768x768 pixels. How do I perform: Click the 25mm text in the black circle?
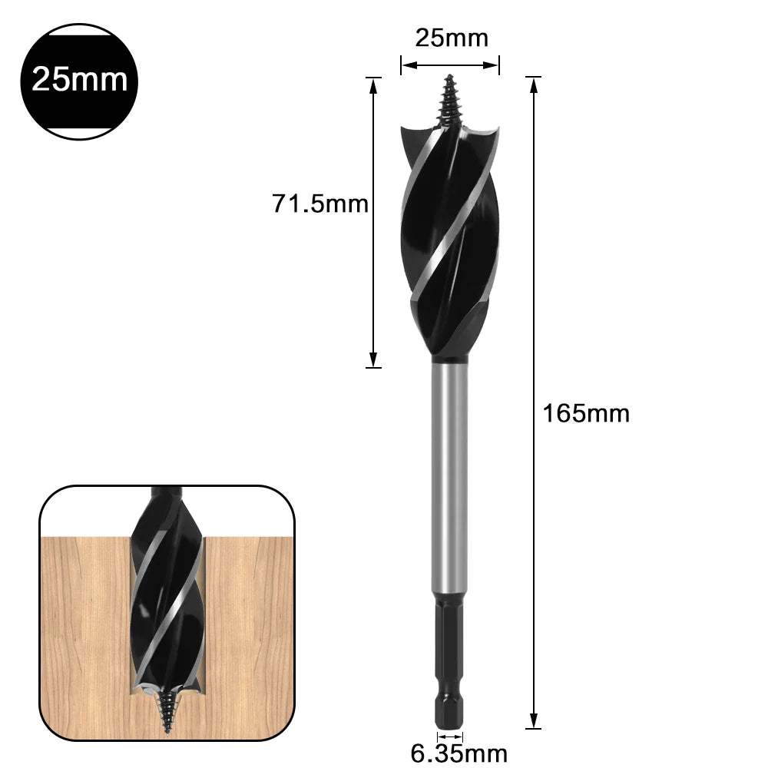tap(80, 78)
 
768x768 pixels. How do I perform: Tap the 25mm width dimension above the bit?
tap(451, 37)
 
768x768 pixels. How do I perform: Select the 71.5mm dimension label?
tap(320, 204)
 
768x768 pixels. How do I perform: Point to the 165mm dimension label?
tap(586, 413)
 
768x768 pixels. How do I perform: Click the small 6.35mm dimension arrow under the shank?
tap(450, 735)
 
